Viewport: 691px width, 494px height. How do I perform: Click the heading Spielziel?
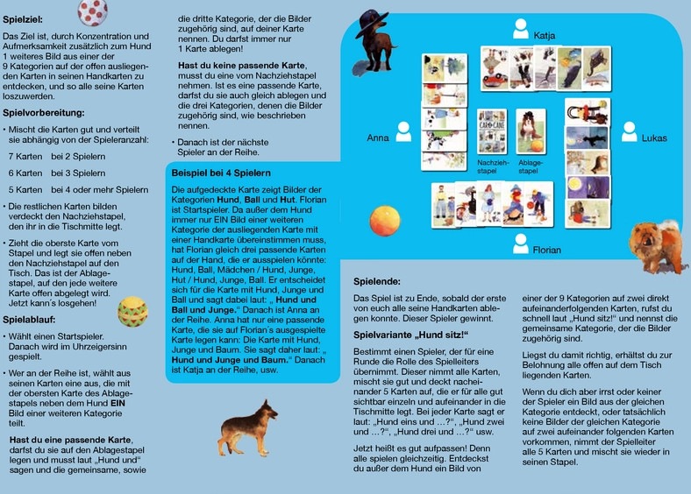point(23,18)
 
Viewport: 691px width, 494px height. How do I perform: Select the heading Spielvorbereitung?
point(44,113)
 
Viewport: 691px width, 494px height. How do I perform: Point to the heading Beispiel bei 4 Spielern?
point(221,173)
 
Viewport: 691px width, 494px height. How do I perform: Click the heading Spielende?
point(377,281)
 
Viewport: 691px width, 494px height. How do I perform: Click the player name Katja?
point(545,36)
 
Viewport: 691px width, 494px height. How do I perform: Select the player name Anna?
point(378,138)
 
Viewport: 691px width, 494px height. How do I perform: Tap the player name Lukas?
point(654,138)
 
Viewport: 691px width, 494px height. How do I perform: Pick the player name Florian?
point(546,251)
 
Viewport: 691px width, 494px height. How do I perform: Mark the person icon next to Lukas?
point(629,131)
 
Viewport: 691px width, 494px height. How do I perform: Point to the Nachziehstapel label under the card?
point(492,166)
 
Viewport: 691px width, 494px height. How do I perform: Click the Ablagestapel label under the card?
point(530,166)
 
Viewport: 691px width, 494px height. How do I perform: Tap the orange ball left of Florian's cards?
point(386,218)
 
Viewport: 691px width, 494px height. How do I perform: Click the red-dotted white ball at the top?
point(93,11)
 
